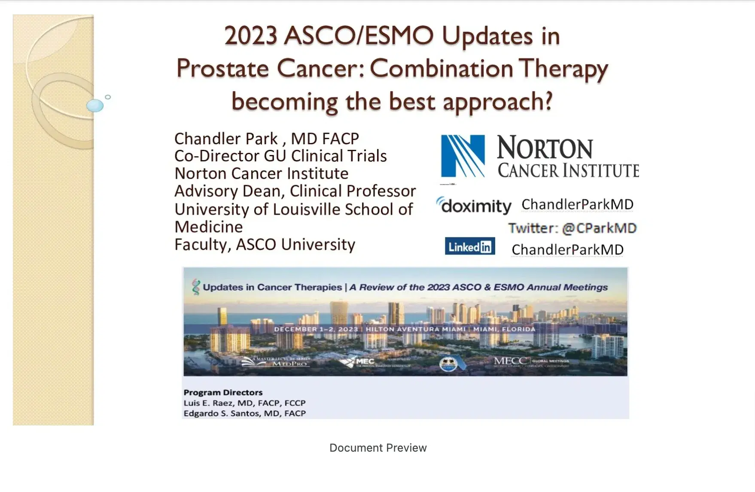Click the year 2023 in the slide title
(250, 36)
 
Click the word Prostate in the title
(222, 69)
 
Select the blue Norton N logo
(463, 156)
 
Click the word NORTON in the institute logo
(545, 148)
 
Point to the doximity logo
(474, 206)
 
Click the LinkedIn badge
(470, 246)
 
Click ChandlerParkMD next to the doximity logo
(577, 204)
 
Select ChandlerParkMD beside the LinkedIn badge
(567, 249)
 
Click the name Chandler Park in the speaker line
(226, 139)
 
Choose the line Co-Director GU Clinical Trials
(280, 156)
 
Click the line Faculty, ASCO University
(265, 244)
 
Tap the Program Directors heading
(223, 392)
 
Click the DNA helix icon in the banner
(196, 287)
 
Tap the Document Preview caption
(378, 448)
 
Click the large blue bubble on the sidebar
(95, 105)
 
